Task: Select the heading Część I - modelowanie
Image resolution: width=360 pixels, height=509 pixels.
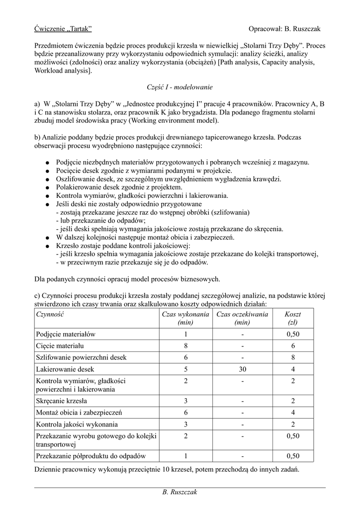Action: [180, 87]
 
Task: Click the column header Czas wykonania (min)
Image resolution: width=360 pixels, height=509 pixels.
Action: [185, 318]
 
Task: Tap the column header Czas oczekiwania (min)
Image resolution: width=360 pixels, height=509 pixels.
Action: [242, 318]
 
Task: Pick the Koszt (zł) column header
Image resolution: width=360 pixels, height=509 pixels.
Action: [292, 318]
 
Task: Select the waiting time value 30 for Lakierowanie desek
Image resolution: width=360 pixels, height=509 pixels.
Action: [242, 370]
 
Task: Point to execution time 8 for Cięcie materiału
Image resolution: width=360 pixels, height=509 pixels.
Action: [185, 346]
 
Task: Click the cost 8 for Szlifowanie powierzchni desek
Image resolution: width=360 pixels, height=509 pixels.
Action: [293, 358]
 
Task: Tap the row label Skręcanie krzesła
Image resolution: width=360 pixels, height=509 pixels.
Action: [62, 401]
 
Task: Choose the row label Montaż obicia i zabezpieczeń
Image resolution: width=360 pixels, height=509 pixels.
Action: [79, 413]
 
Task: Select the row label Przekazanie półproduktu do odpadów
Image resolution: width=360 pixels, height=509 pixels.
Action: [90, 456]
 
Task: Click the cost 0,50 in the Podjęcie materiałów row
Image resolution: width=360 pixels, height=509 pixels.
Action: [293, 334]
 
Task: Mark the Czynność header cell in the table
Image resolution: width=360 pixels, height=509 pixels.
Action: [51, 314]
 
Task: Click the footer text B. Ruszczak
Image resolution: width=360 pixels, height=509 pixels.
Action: [180, 492]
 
